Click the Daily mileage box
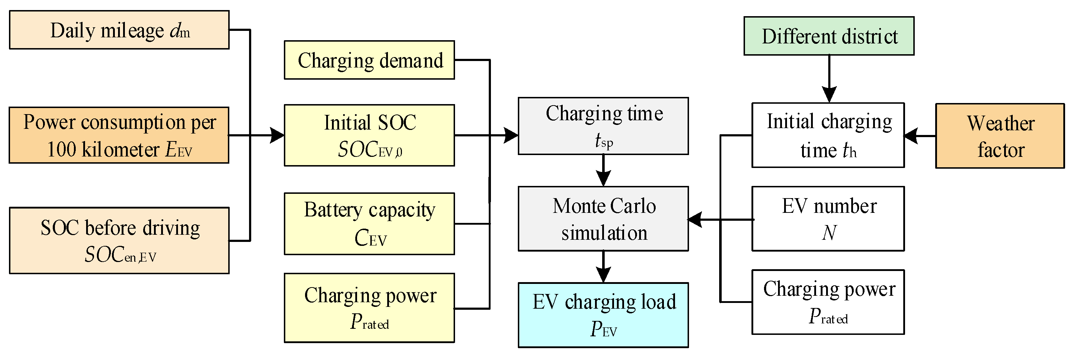tap(119, 30)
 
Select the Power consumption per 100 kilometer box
tap(119, 135)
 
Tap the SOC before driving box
tap(119, 240)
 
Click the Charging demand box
tap(369, 60)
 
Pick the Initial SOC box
tap(369, 135)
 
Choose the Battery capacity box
tap(369, 224)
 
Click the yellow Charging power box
tap(369, 308)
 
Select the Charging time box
tap(603, 126)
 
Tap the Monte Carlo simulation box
tap(603, 219)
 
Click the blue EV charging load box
tap(603, 315)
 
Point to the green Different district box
tap(829, 36)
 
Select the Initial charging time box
tap(828, 135)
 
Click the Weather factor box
tap(1000, 136)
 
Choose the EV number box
tap(828, 219)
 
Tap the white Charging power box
tap(828, 302)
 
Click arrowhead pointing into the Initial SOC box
tap(277, 135)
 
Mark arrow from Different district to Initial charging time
tap(829, 79)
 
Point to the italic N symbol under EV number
tap(829, 233)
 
